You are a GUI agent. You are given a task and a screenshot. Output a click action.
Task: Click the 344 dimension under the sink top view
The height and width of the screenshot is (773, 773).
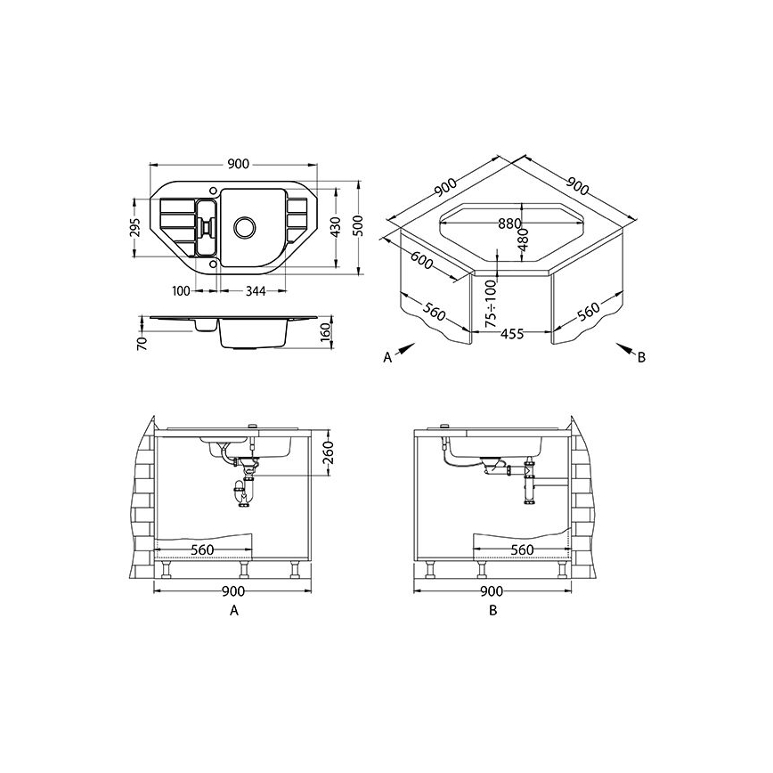pyautogui.click(x=256, y=291)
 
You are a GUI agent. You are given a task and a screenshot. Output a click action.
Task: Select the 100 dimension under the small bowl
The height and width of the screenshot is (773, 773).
pyautogui.click(x=181, y=291)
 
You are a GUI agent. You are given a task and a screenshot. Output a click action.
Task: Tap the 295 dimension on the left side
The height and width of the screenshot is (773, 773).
pyautogui.click(x=136, y=227)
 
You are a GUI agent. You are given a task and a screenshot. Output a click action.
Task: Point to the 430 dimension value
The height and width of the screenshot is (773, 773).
pyautogui.click(x=335, y=227)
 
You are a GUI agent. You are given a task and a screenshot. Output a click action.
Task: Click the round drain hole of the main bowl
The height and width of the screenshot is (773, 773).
pyautogui.click(x=245, y=227)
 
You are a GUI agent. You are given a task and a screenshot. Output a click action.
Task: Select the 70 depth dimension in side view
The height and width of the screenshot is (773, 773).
pyautogui.click(x=142, y=343)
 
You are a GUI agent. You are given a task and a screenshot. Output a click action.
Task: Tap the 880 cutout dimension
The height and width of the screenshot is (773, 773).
pyautogui.click(x=509, y=224)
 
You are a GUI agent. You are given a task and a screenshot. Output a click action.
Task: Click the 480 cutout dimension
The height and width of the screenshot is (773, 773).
pyautogui.click(x=523, y=239)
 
